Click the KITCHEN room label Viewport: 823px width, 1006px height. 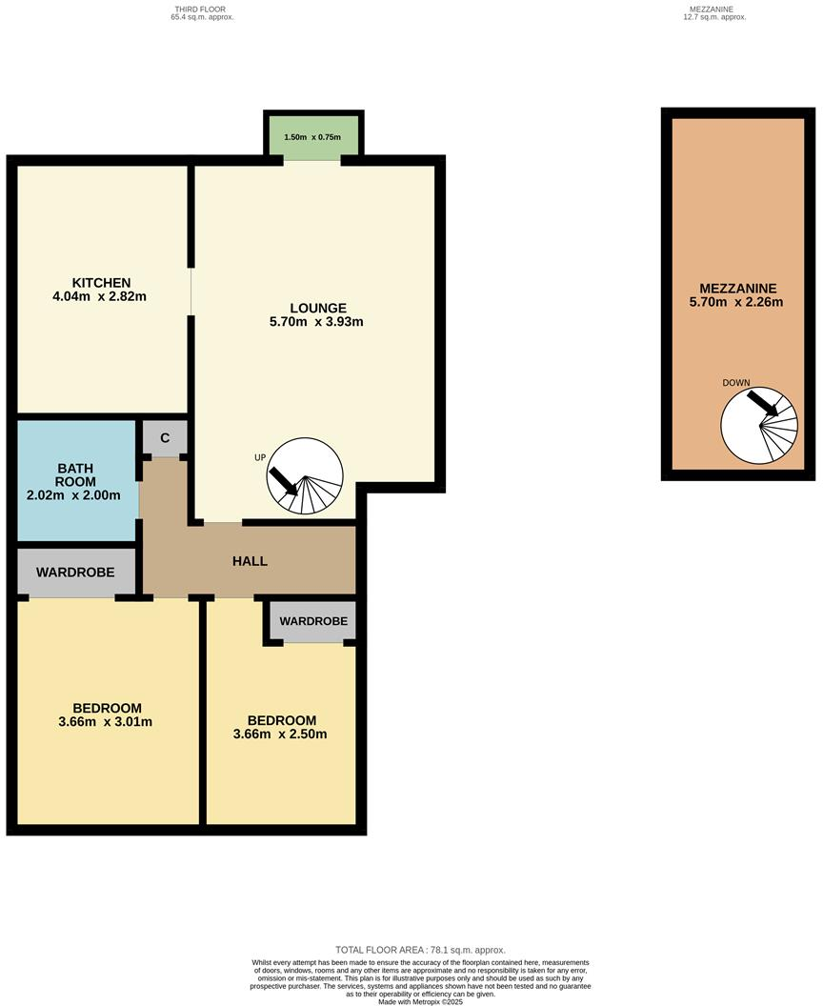(x=101, y=282)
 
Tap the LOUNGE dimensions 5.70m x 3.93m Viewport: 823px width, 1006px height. (x=318, y=322)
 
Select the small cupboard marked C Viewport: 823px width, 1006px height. (x=165, y=438)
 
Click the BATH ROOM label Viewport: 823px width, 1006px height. (x=76, y=474)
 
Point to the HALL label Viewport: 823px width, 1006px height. (x=250, y=561)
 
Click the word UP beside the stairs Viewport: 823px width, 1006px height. (x=259, y=457)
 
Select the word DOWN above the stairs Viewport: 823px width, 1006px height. (x=736, y=383)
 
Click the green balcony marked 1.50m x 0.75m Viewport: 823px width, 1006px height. (x=312, y=137)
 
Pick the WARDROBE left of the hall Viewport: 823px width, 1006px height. (x=75, y=573)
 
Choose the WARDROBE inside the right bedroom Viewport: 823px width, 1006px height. (x=312, y=621)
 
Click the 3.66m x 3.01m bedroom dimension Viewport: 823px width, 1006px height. (x=107, y=722)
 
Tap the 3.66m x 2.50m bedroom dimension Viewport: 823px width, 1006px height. (x=281, y=734)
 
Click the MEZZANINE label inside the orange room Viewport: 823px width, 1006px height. (x=738, y=289)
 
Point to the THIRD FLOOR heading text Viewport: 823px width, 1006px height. (x=200, y=10)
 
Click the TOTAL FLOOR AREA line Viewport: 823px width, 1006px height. (x=420, y=950)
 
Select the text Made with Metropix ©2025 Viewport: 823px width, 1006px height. (x=420, y=1001)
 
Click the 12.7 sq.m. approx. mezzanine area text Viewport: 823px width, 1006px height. (x=714, y=17)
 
